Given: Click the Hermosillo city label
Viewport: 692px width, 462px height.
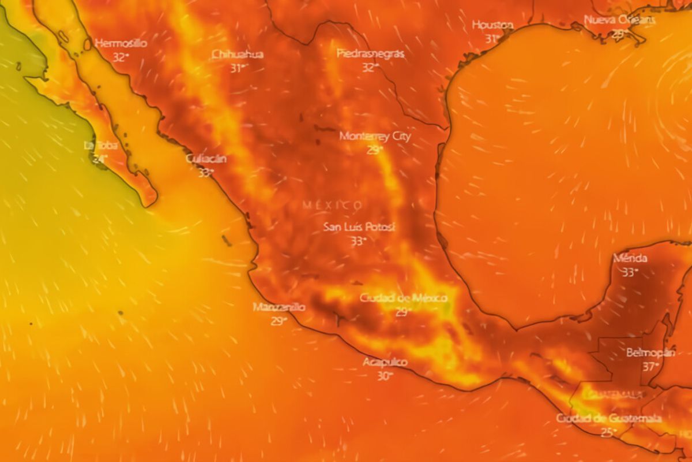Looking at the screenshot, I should (x=121, y=43).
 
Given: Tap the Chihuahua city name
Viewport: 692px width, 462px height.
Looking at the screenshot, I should (x=238, y=54).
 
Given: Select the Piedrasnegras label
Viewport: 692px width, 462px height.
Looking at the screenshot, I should (x=370, y=54).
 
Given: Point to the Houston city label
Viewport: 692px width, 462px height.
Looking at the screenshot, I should (x=492, y=25).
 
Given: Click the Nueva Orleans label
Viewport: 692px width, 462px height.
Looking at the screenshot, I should (x=619, y=20).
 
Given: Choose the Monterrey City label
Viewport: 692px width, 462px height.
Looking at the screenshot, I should (x=375, y=137).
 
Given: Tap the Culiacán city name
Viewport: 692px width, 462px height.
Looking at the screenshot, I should (x=206, y=159).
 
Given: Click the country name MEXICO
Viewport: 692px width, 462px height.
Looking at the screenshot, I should (x=333, y=205).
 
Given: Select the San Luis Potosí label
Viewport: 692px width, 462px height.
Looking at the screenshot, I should (x=359, y=228).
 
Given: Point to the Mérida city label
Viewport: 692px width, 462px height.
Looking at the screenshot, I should (x=630, y=258).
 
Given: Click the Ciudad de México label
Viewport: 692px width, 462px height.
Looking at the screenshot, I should (x=403, y=298).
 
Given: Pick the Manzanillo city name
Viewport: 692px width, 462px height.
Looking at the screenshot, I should (x=279, y=307).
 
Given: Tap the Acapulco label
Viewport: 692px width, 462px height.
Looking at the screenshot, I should (x=385, y=362).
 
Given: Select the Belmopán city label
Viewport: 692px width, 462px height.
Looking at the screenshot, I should (x=650, y=352).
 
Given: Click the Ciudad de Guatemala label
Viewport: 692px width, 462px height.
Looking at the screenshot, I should (x=608, y=418).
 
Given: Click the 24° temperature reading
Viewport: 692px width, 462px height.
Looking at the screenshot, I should (x=99, y=158).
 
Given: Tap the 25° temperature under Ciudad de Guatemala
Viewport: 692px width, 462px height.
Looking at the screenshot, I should (x=607, y=432).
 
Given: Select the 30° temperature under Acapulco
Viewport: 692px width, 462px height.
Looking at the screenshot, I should (x=385, y=375).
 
